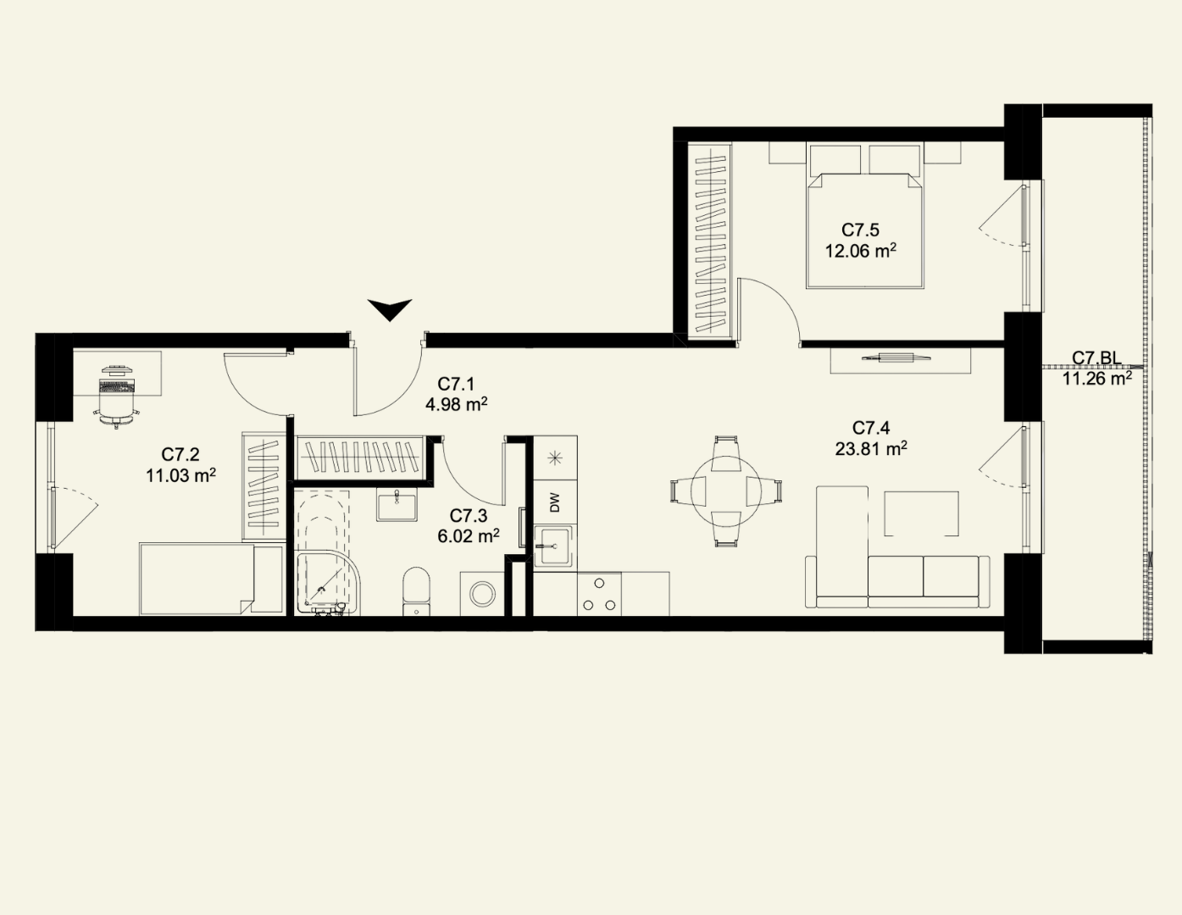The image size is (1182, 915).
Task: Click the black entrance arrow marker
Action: pos(390,311)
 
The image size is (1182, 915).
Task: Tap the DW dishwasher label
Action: pos(555,502)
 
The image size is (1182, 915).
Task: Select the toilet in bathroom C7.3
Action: pos(417,591)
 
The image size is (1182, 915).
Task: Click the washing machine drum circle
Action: pos(482,594)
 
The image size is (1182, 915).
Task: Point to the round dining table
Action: pos(725,491)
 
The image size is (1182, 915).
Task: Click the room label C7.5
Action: pos(860,230)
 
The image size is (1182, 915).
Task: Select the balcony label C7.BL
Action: pos(1096,358)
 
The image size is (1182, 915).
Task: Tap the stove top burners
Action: pos(599,594)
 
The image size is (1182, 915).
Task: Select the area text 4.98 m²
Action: pos(457,405)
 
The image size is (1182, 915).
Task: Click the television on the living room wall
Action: pos(896,358)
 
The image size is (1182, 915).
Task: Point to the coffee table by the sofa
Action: pos(921,513)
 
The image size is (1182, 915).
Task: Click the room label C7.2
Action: pos(180,454)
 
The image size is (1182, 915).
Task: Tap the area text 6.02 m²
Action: pos(469,536)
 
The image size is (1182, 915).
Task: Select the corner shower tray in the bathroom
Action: pos(329,583)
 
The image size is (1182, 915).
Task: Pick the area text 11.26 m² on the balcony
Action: pos(1097,378)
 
